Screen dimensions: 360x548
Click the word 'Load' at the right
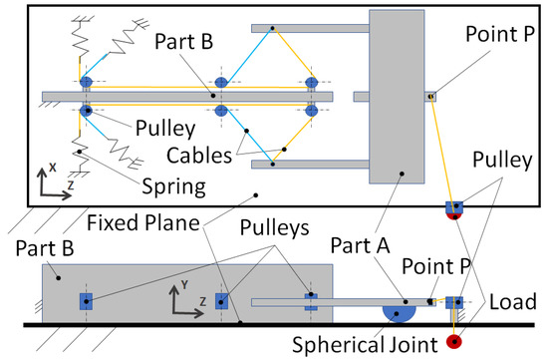(519, 301)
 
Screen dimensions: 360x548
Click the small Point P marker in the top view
(430, 97)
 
